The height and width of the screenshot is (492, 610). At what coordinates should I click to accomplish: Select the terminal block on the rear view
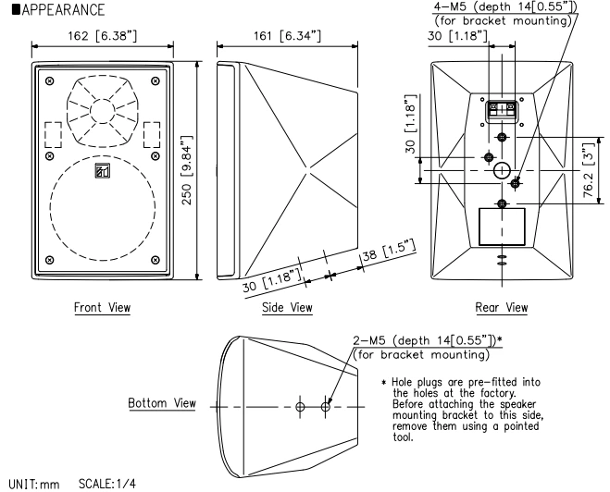pos(501,110)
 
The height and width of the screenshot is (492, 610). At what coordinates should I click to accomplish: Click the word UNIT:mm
pos(27,484)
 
